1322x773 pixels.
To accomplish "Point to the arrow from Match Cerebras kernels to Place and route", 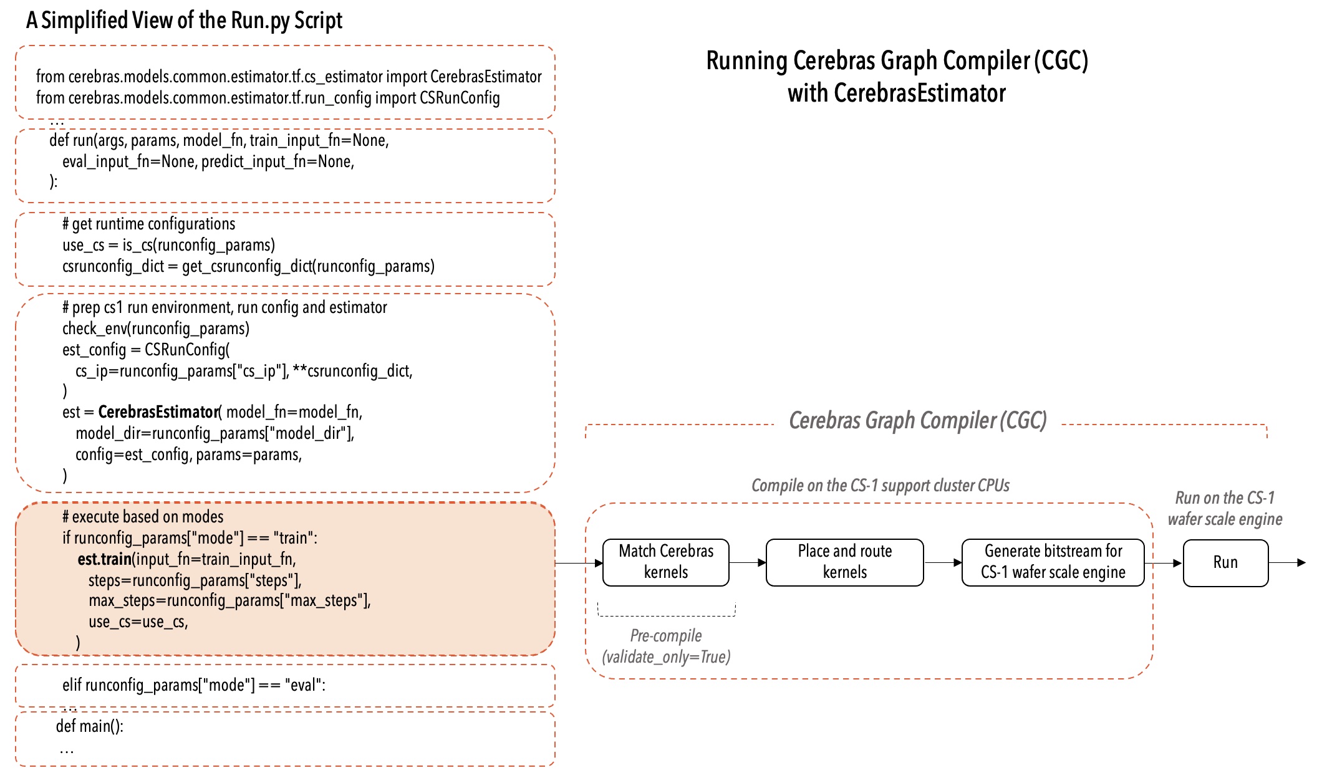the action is [x=748, y=562].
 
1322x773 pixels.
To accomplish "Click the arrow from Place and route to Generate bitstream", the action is [x=943, y=562].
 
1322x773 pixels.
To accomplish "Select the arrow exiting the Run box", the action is [x=1287, y=562].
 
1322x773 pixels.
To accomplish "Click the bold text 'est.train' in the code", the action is [x=104, y=559].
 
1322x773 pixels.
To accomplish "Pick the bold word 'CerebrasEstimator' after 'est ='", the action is [x=158, y=412].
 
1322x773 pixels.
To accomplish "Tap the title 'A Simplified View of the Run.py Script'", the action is [x=184, y=21].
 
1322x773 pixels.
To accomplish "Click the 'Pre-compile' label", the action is [x=665, y=636].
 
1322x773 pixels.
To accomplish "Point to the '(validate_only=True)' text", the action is [x=666, y=657].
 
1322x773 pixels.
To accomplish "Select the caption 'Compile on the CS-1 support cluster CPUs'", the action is [x=880, y=486].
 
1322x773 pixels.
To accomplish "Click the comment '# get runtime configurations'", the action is [x=148, y=224].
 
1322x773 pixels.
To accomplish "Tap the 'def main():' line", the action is [x=90, y=726].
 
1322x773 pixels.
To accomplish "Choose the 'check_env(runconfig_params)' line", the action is [x=155, y=329].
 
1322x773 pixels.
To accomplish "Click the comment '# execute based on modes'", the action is [x=142, y=517].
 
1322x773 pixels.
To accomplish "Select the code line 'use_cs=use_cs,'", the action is [x=138, y=622].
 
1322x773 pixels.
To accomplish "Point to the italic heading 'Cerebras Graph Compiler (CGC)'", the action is [x=917, y=421].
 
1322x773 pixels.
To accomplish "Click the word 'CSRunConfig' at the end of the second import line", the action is [x=460, y=98].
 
